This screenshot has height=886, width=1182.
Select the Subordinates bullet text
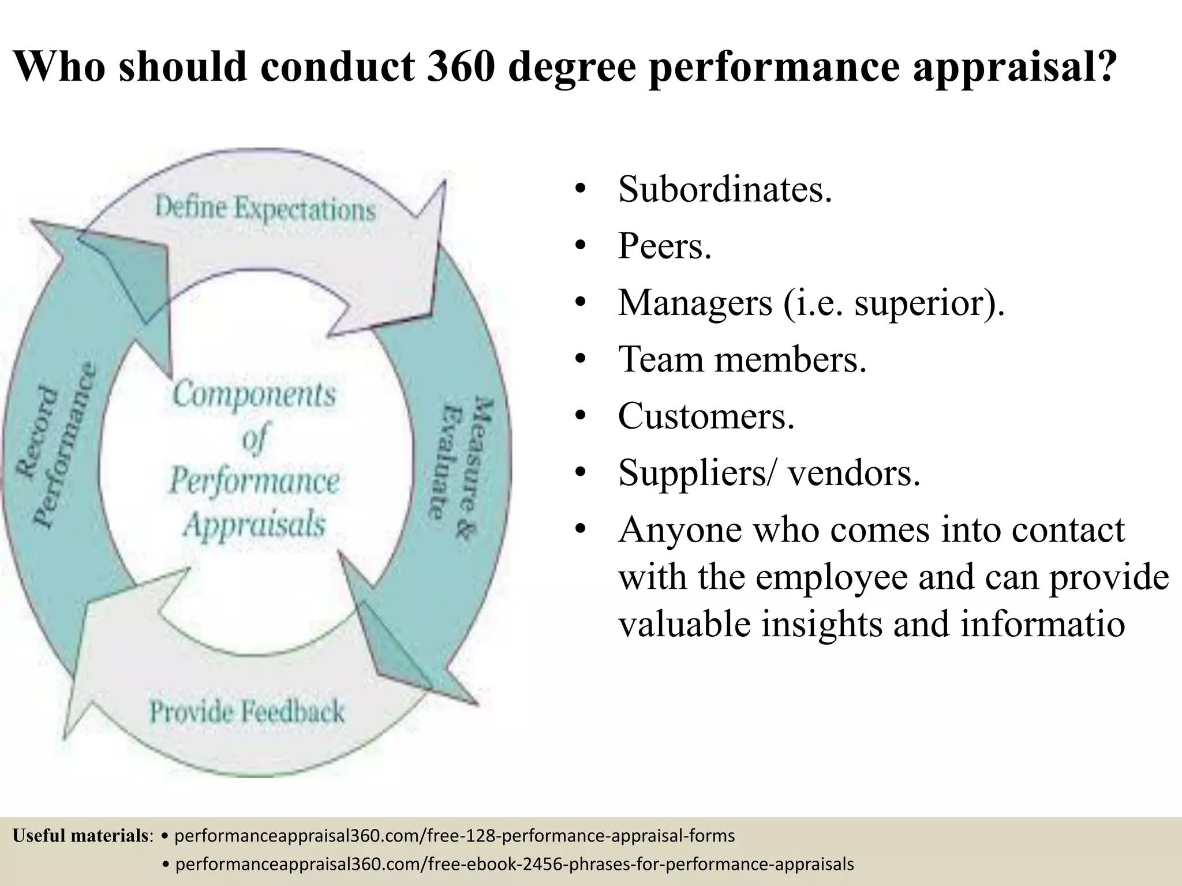pyautogui.click(x=724, y=189)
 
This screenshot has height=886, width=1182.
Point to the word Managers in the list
pyautogui.click(x=695, y=302)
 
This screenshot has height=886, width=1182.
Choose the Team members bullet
pyautogui.click(x=742, y=359)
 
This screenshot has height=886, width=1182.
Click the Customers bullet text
pyautogui.click(x=706, y=415)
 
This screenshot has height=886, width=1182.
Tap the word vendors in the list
pyautogui.click(x=854, y=472)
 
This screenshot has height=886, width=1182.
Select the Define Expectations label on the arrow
pyautogui.click(x=265, y=208)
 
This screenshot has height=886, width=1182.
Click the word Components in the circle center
pyautogui.click(x=255, y=395)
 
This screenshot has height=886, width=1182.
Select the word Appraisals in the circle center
pyautogui.click(x=255, y=524)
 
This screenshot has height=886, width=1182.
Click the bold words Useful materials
pyautogui.click(x=81, y=835)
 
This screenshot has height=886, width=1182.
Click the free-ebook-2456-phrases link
pyautogui.click(x=514, y=864)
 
